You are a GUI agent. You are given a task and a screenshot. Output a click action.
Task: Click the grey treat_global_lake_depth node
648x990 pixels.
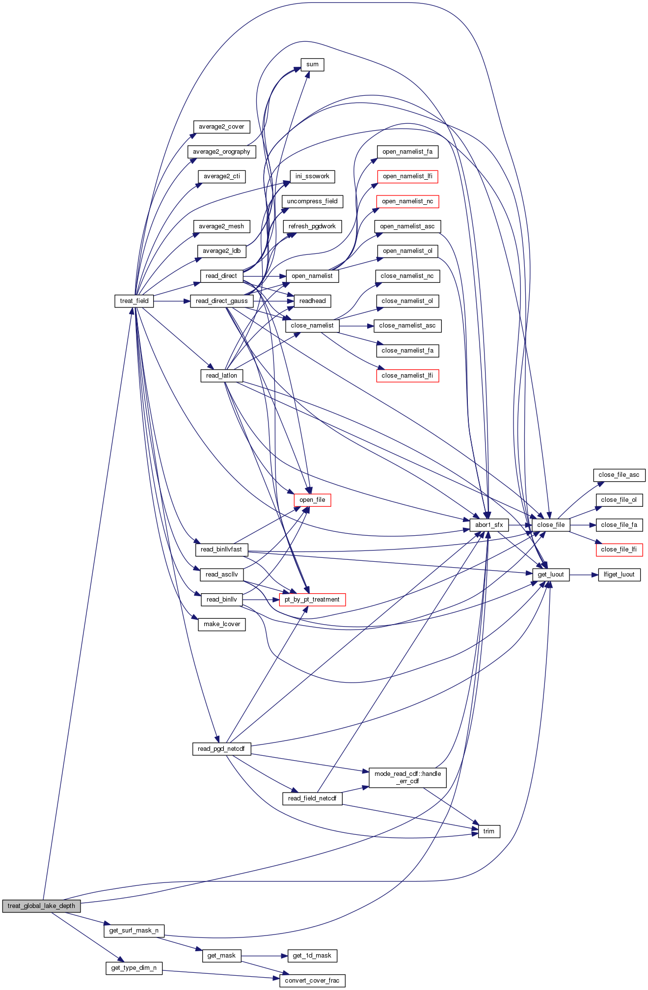pyautogui.click(x=41, y=906)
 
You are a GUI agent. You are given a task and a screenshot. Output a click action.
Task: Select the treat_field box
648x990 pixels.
pyautogui.click(x=134, y=301)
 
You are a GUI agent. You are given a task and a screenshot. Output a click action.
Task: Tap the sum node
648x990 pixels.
pyautogui.click(x=312, y=64)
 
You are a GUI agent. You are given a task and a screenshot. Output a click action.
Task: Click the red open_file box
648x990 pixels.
pyautogui.click(x=312, y=500)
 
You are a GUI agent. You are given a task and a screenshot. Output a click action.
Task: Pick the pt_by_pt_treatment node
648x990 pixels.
pyautogui.click(x=312, y=600)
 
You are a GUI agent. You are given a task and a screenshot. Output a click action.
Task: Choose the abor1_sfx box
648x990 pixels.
pyautogui.click(x=489, y=525)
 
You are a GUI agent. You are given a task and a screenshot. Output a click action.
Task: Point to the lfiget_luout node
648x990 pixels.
pyautogui.click(x=619, y=575)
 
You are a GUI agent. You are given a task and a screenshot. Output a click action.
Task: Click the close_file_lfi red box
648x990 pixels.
pyautogui.click(x=619, y=550)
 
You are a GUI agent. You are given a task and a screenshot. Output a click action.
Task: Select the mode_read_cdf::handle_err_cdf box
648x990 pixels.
pyautogui.click(x=407, y=777)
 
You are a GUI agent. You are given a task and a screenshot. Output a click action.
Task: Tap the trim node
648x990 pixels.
pyautogui.click(x=489, y=831)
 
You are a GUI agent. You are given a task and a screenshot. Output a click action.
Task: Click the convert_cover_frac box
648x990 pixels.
pyautogui.click(x=312, y=981)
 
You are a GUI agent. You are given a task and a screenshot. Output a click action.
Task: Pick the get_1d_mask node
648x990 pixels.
pyautogui.click(x=312, y=956)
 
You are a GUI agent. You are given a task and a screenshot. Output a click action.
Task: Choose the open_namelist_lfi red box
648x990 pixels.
pyautogui.click(x=407, y=176)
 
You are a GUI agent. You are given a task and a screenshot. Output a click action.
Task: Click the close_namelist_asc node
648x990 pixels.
pyautogui.click(x=407, y=326)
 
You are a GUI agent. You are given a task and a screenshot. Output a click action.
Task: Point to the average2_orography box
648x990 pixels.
pyautogui.click(x=221, y=152)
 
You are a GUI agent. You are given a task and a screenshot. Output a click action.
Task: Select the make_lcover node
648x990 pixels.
pyautogui.click(x=222, y=624)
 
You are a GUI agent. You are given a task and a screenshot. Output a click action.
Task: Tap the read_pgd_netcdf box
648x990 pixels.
pyautogui.click(x=221, y=749)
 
